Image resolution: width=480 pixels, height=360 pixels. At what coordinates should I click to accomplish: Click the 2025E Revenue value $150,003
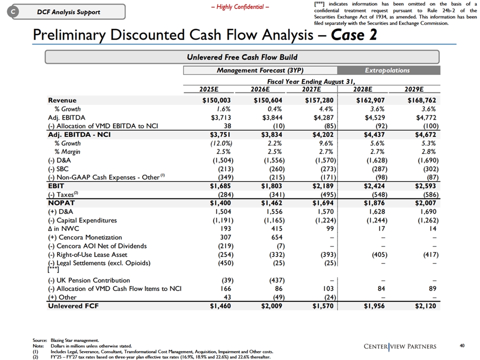216,100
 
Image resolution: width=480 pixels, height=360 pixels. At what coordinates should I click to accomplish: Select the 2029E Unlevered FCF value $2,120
425,306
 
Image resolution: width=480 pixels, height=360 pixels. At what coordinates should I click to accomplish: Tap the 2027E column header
311,89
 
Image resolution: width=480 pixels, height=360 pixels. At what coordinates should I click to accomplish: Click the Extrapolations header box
388,70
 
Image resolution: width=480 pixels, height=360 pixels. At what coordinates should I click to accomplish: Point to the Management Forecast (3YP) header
260,70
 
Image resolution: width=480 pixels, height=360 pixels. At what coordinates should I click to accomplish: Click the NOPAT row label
61,203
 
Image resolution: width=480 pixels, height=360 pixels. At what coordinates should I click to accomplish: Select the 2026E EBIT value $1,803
272,186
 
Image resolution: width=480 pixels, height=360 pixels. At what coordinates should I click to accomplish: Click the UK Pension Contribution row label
89,280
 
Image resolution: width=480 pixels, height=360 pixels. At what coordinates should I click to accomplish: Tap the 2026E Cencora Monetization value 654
276,237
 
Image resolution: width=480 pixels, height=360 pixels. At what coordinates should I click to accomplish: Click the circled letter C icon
13,12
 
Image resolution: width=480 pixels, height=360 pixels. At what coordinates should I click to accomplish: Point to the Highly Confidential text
240,7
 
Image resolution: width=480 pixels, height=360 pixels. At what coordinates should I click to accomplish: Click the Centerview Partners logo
400,346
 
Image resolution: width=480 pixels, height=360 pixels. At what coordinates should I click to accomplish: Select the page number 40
462,345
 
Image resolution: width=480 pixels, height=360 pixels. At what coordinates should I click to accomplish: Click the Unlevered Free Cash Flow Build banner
242,57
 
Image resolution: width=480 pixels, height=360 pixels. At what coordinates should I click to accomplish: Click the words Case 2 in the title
353,34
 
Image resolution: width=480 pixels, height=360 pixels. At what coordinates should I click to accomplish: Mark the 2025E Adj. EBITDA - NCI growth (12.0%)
221,143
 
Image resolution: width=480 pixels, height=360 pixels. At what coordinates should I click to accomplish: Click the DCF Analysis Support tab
68,12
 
